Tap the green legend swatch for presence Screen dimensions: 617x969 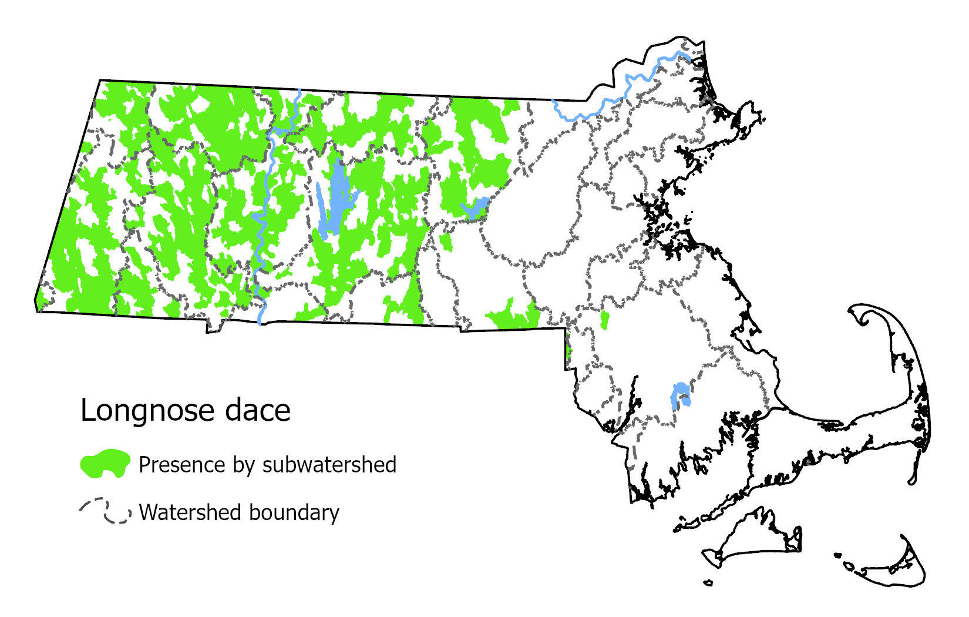105,464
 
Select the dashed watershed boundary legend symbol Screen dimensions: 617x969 105,512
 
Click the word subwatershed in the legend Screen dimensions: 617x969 329,464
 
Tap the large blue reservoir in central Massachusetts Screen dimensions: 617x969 335,200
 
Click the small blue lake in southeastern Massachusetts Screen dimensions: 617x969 680,395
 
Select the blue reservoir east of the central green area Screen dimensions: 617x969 476,207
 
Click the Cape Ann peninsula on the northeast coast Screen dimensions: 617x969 746,118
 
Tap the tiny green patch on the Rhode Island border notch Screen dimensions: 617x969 568,351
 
